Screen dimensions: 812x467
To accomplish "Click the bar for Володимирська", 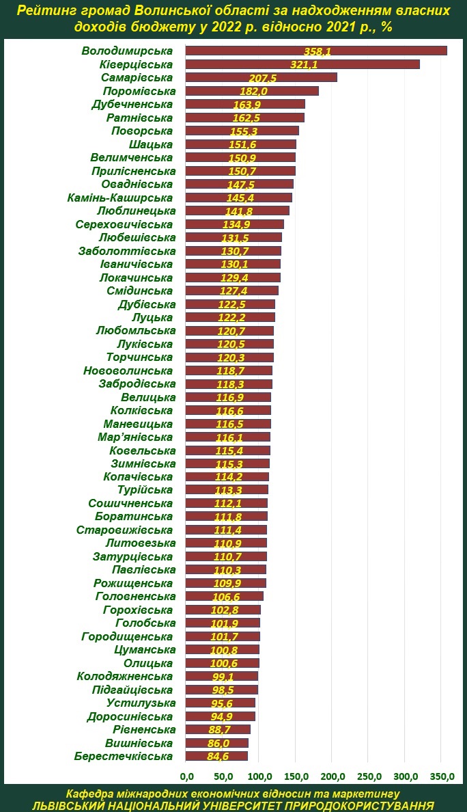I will point(316,51).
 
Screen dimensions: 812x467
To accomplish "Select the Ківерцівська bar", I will point(302,64).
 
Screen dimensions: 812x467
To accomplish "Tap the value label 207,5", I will point(264,78).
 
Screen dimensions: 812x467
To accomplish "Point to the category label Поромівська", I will point(139,91).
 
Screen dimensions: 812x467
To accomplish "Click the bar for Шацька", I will point(241,144).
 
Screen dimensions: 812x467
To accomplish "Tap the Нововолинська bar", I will point(229,370).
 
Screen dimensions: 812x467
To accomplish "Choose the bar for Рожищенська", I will point(226,583).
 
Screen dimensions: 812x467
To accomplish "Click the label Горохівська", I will point(138,610).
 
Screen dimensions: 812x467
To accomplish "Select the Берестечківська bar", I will point(217,756).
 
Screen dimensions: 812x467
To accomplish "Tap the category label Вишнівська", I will point(139,742).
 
